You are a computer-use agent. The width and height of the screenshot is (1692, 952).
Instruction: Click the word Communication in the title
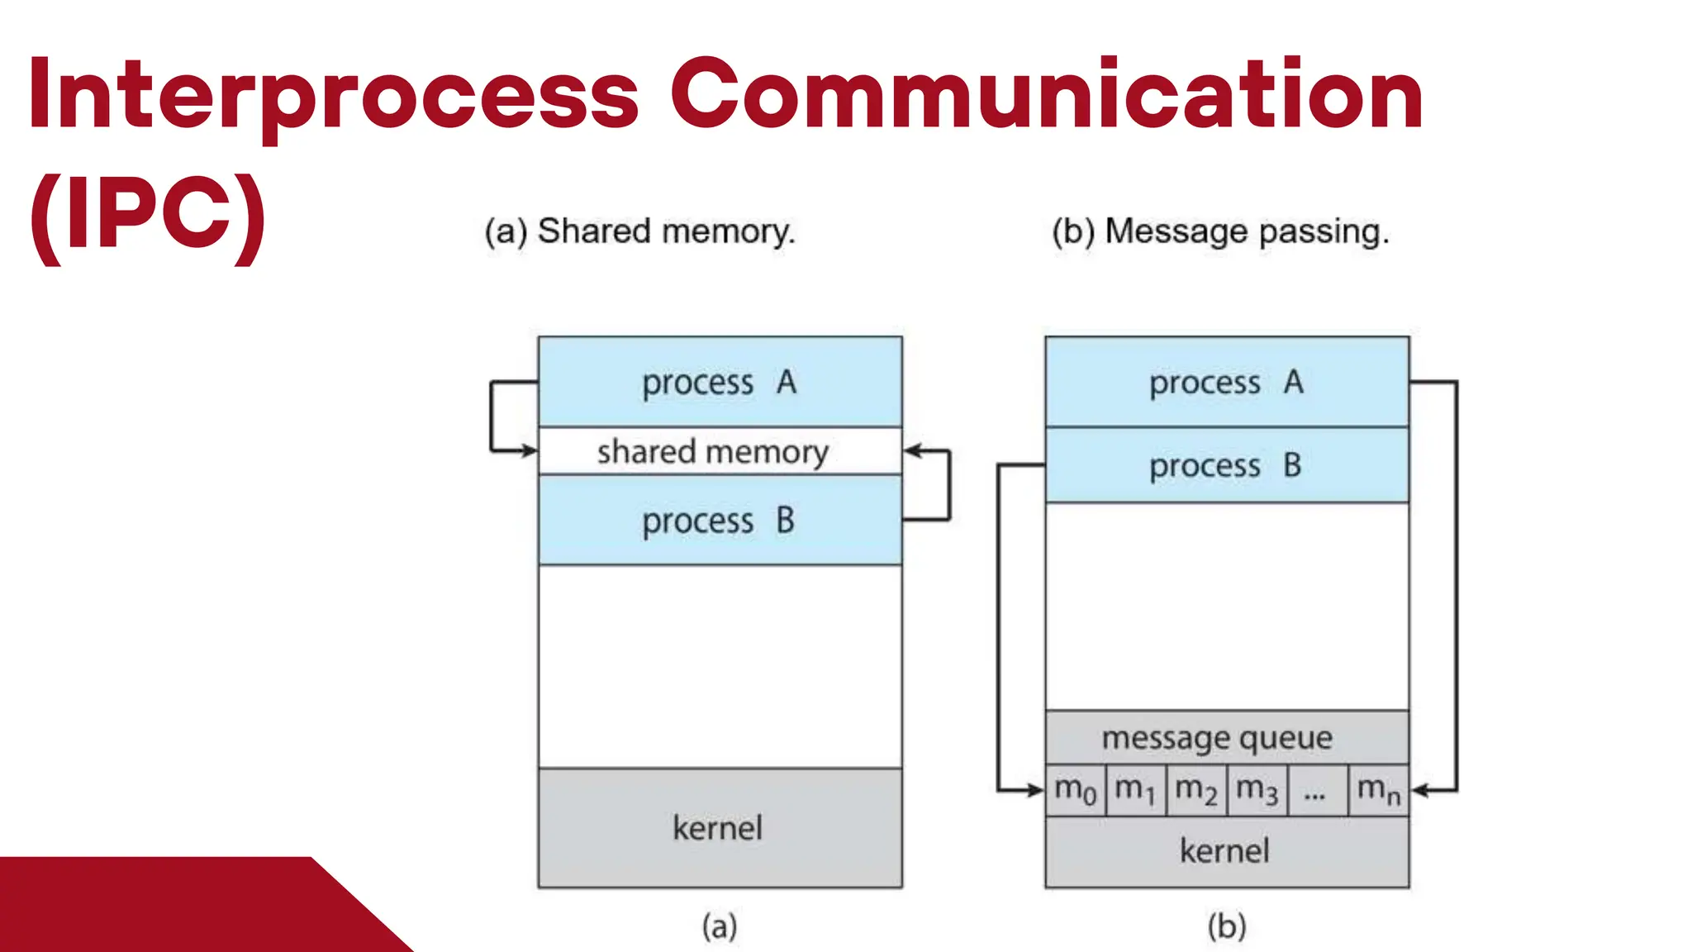[1046, 95]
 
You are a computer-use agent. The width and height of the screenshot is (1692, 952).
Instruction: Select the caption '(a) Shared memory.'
[639, 231]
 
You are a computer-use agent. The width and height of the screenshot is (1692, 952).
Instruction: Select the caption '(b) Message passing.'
[1220, 231]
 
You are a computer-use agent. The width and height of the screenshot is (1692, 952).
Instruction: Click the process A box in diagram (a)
[720, 382]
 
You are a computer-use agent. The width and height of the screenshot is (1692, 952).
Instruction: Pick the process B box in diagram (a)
[720, 521]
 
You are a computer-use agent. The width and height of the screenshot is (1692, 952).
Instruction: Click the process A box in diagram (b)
[1227, 382]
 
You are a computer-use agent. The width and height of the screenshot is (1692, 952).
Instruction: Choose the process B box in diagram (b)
[1227, 465]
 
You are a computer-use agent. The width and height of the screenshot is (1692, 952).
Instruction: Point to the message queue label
[1217, 737]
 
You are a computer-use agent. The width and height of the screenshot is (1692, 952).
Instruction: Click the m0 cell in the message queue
[1075, 790]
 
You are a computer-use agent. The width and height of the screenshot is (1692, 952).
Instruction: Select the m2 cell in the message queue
[1195, 790]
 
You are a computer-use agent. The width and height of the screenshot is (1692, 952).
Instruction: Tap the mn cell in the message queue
[1378, 790]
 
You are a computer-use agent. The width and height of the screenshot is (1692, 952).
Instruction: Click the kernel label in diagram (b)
[1224, 851]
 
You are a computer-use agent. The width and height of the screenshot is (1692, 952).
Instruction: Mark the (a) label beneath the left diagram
[720, 926]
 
